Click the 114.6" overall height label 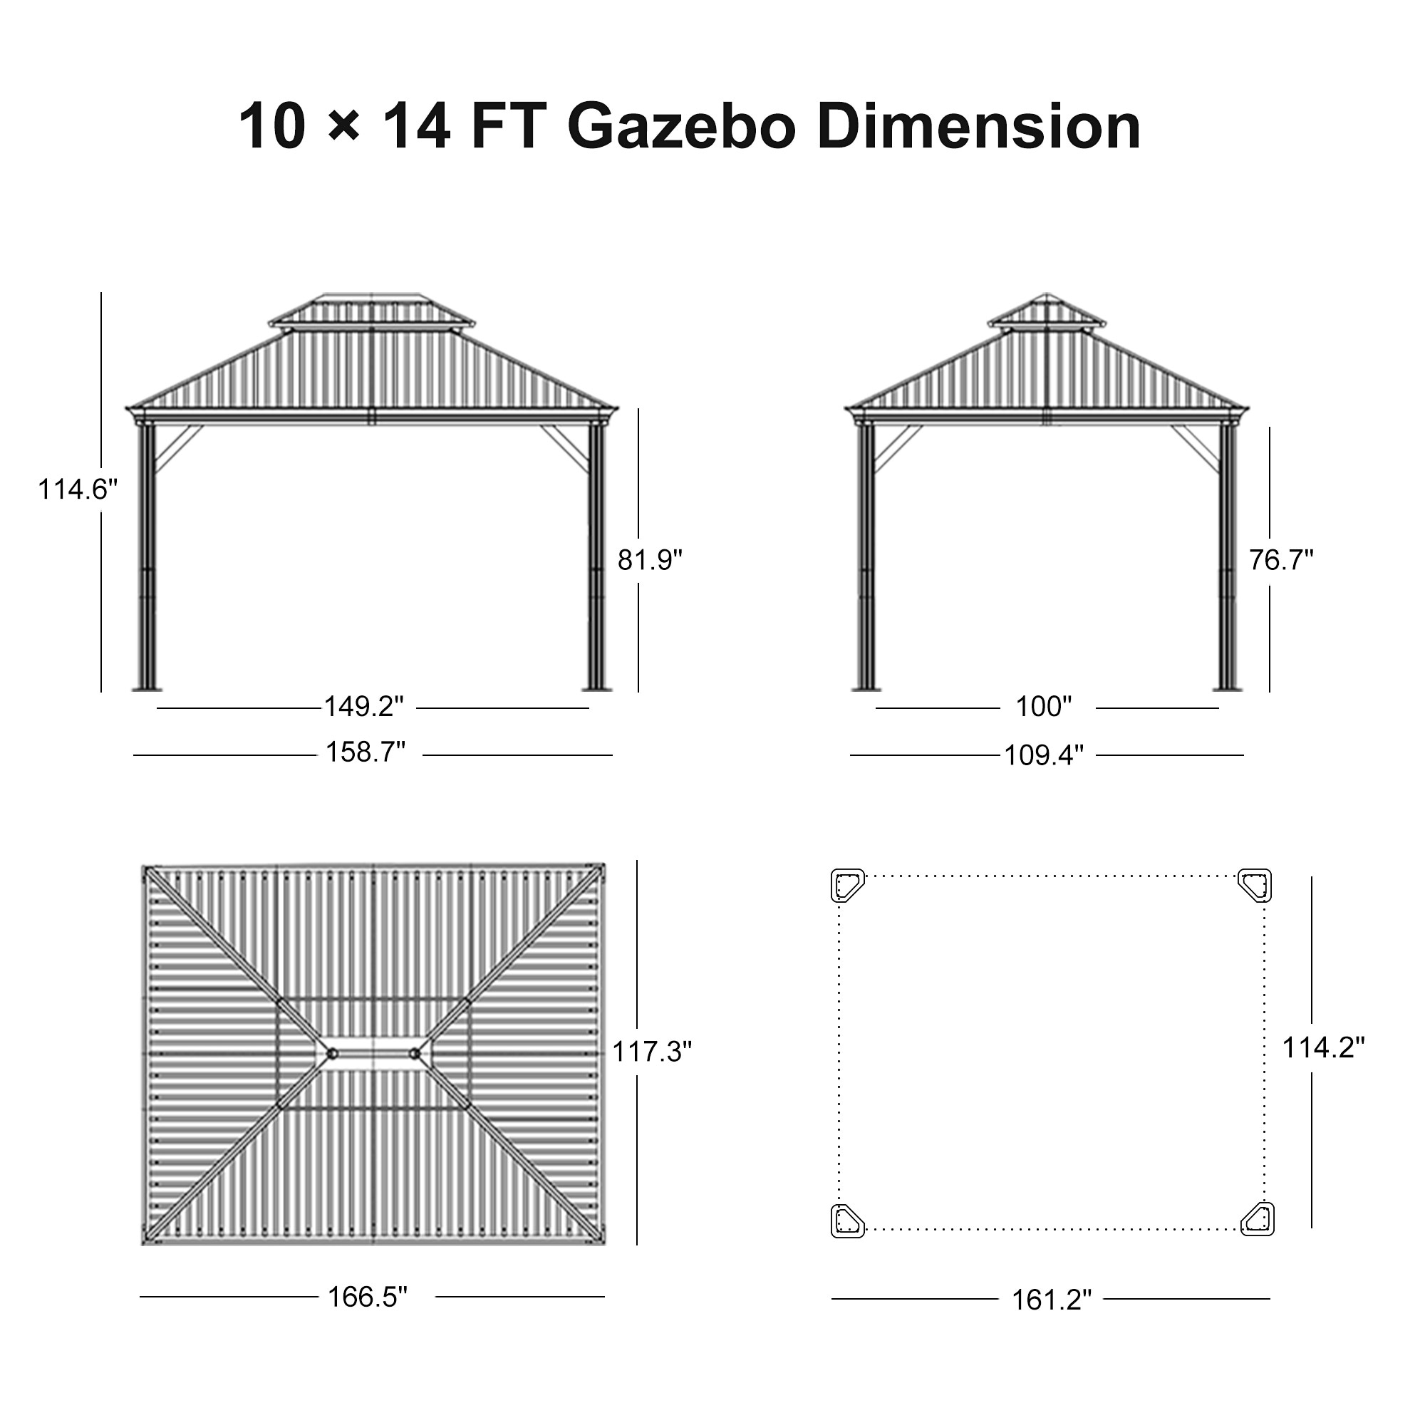point(78,489)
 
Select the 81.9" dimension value point(650,561)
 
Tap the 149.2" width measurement point(364,707)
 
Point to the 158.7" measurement point(366,752)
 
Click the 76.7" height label point(1281,561)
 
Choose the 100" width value point(1044,707)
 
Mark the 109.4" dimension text point(1044,755)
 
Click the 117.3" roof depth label point(652,1052)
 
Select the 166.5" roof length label point(368,1297)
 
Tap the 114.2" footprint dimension point(1323,1047)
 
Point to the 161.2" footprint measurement point(1051,1300)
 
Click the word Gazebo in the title point(682,127)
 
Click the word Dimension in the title point(979,127)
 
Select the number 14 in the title point(417,127)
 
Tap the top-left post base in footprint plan point(847,885)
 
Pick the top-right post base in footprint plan point(1255,885)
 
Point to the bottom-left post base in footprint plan point(847,1220)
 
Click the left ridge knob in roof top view point(333,1054)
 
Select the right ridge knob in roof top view point(415,1054)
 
